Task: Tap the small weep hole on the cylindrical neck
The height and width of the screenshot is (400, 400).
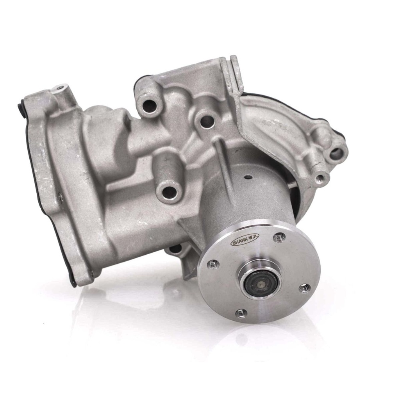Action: [248, 177]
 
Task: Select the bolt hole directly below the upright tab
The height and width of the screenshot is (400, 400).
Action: [207, 121]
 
